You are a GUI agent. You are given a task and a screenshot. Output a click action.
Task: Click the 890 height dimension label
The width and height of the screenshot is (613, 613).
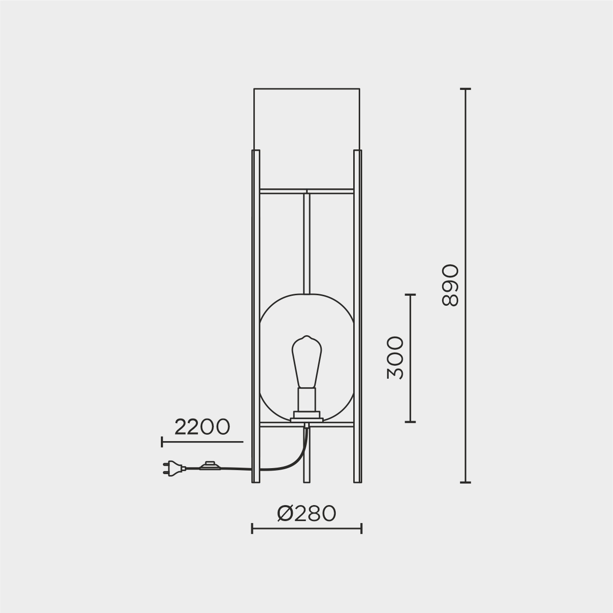450,285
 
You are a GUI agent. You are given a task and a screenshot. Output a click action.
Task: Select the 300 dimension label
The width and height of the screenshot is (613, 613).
396,358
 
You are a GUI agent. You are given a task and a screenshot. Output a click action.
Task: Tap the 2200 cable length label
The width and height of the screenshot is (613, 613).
202,427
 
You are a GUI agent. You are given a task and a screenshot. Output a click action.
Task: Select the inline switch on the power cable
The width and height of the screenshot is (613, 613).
209,466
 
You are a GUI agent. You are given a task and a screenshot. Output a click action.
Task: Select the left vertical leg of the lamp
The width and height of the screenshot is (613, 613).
256,315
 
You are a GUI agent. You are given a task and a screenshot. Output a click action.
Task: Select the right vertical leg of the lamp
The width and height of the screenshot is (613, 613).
358,315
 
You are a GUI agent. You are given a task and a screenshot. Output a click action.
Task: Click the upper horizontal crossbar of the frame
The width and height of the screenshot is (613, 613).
307,191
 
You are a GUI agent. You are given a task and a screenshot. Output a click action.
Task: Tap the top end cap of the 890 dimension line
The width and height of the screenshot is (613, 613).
465,89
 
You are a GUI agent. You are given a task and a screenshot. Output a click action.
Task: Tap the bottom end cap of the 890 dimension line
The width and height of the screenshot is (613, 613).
465,483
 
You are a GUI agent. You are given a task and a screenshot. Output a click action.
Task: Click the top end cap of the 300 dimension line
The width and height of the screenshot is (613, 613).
410,295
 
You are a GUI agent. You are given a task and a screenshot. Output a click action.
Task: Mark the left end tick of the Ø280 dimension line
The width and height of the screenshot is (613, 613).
252,529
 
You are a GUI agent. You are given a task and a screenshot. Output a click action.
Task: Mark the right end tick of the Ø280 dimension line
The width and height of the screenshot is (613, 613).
361,529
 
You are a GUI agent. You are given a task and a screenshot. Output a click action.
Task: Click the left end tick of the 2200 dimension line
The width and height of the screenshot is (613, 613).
162,442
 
